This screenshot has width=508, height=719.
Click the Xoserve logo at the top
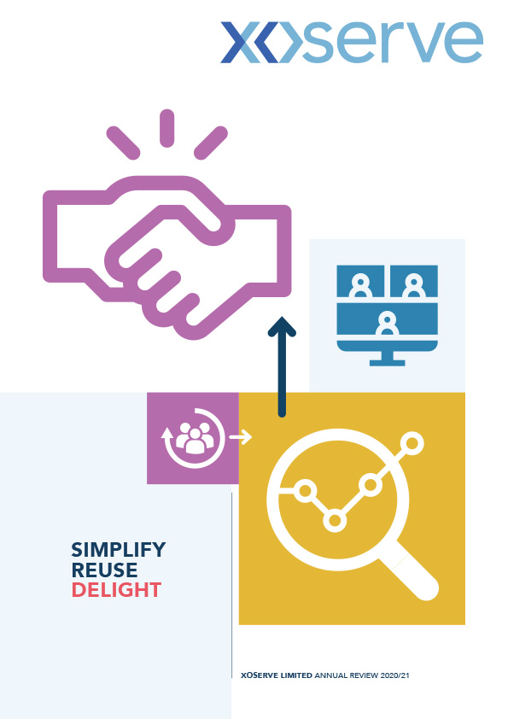[351, 42]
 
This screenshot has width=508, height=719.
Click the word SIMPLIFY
[119, 549]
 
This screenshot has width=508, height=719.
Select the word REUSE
[104, 570]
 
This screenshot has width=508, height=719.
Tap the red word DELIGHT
[116, 590]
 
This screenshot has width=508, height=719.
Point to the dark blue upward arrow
[282, 367]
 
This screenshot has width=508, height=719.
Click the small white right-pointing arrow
[241, 437]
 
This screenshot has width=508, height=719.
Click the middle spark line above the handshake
[166, 128]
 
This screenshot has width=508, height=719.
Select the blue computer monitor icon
[388, 315]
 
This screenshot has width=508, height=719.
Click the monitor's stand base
[388, 363]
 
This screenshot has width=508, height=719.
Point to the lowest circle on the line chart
[335, 521]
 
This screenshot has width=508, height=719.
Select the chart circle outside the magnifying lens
[412, 443]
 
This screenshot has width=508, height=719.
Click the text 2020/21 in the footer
[394, 675]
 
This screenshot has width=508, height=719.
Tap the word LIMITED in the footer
[296, 675]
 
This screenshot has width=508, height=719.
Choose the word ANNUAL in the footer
[331, 675]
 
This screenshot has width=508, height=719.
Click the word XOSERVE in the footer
[260, 675]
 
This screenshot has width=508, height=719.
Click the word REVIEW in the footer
[364, 675]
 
